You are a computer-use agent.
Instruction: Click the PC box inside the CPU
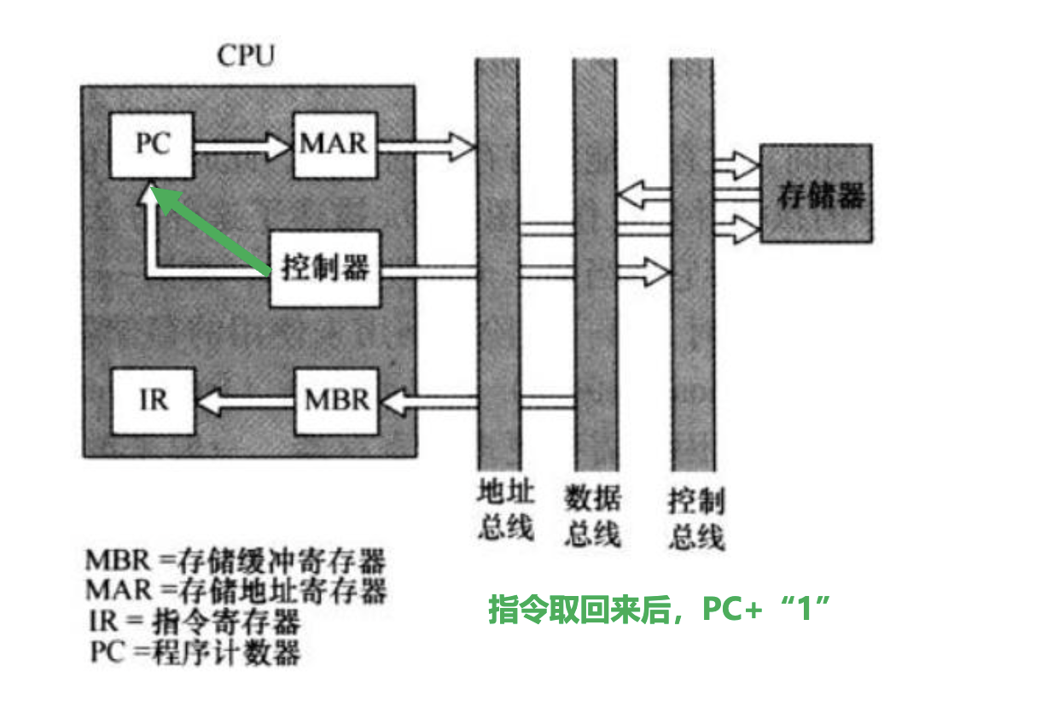click(x=154, y=144)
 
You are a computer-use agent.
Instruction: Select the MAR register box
click(x=334, y=144)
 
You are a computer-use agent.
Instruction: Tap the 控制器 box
click(x=325, y=269)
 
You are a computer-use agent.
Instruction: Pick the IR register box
click(x=154, y=400)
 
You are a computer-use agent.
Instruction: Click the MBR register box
click(x=337, y=400)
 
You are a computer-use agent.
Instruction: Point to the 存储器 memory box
click(x=817, y=194)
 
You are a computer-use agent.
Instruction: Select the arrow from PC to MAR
click(x=243, y=146)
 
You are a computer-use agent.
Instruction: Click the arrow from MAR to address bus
click(x=424, y=146)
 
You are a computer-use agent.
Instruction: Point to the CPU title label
click(x=246, y=57)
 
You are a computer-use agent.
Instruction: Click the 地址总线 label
click(x=505, y=510)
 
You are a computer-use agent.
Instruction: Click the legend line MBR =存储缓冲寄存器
click(x=236, y=562)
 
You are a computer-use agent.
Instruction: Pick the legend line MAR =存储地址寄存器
click(x=236, y=590)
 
